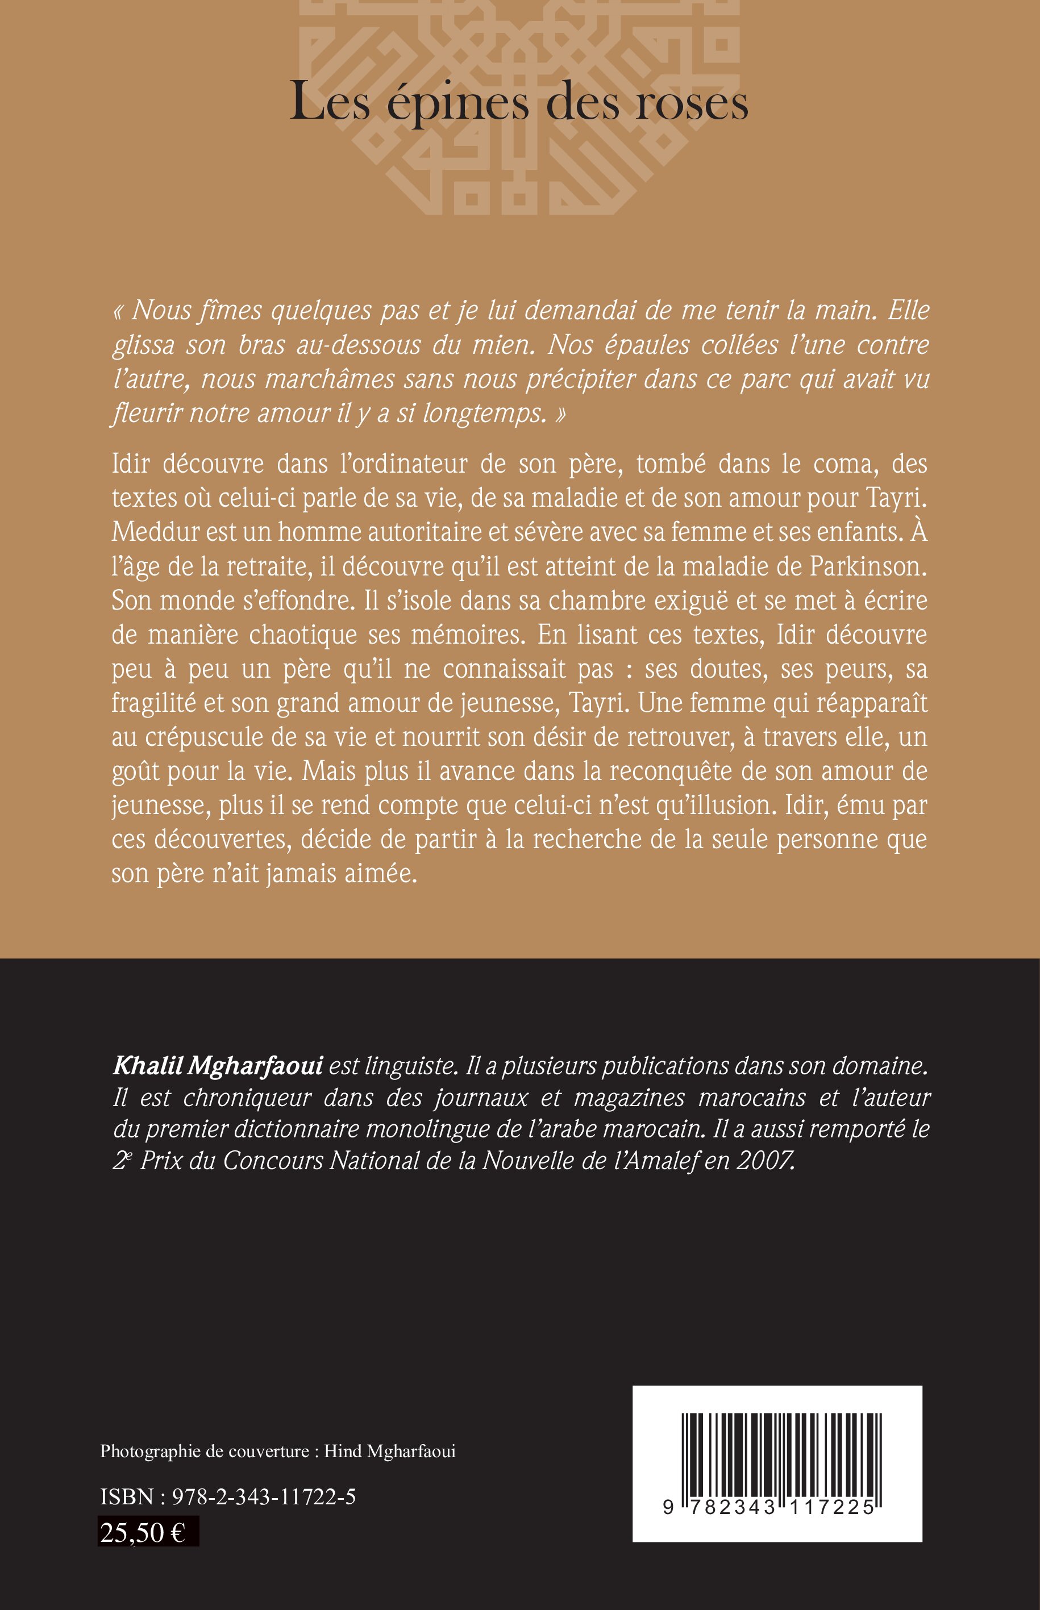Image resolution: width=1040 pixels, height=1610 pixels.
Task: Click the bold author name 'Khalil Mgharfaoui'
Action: [x=218, y=1065]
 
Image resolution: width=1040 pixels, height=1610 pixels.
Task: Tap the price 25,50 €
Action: [x=143, y=1532]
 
